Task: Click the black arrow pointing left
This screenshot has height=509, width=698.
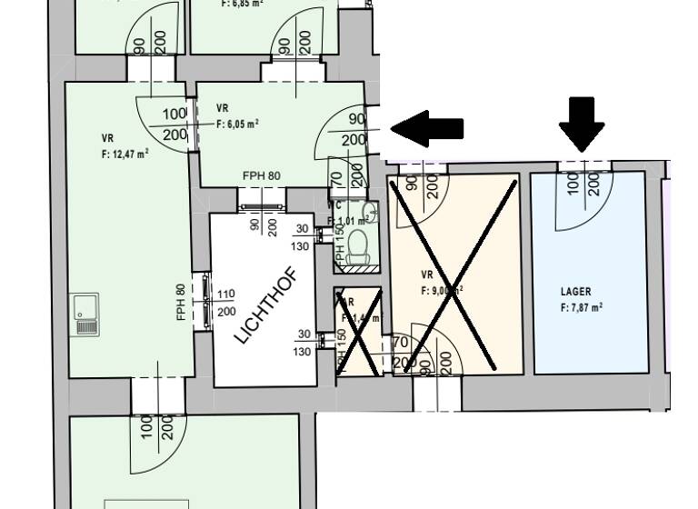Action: point(427,128)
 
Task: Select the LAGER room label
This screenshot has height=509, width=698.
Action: point(576,292)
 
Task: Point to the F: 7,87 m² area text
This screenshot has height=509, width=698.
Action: point(582,307)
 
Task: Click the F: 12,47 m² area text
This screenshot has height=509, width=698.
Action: point(125,154)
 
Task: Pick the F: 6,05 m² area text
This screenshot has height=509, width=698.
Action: point(238,123)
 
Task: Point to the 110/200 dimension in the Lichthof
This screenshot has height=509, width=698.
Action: point(226,302)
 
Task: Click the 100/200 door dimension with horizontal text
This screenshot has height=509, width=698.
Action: point(174,125)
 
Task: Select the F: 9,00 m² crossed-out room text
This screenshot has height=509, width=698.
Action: point(443,292)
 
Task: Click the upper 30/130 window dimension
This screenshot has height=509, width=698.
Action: point(304,238)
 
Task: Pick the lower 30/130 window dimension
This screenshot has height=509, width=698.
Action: point(304,343)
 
